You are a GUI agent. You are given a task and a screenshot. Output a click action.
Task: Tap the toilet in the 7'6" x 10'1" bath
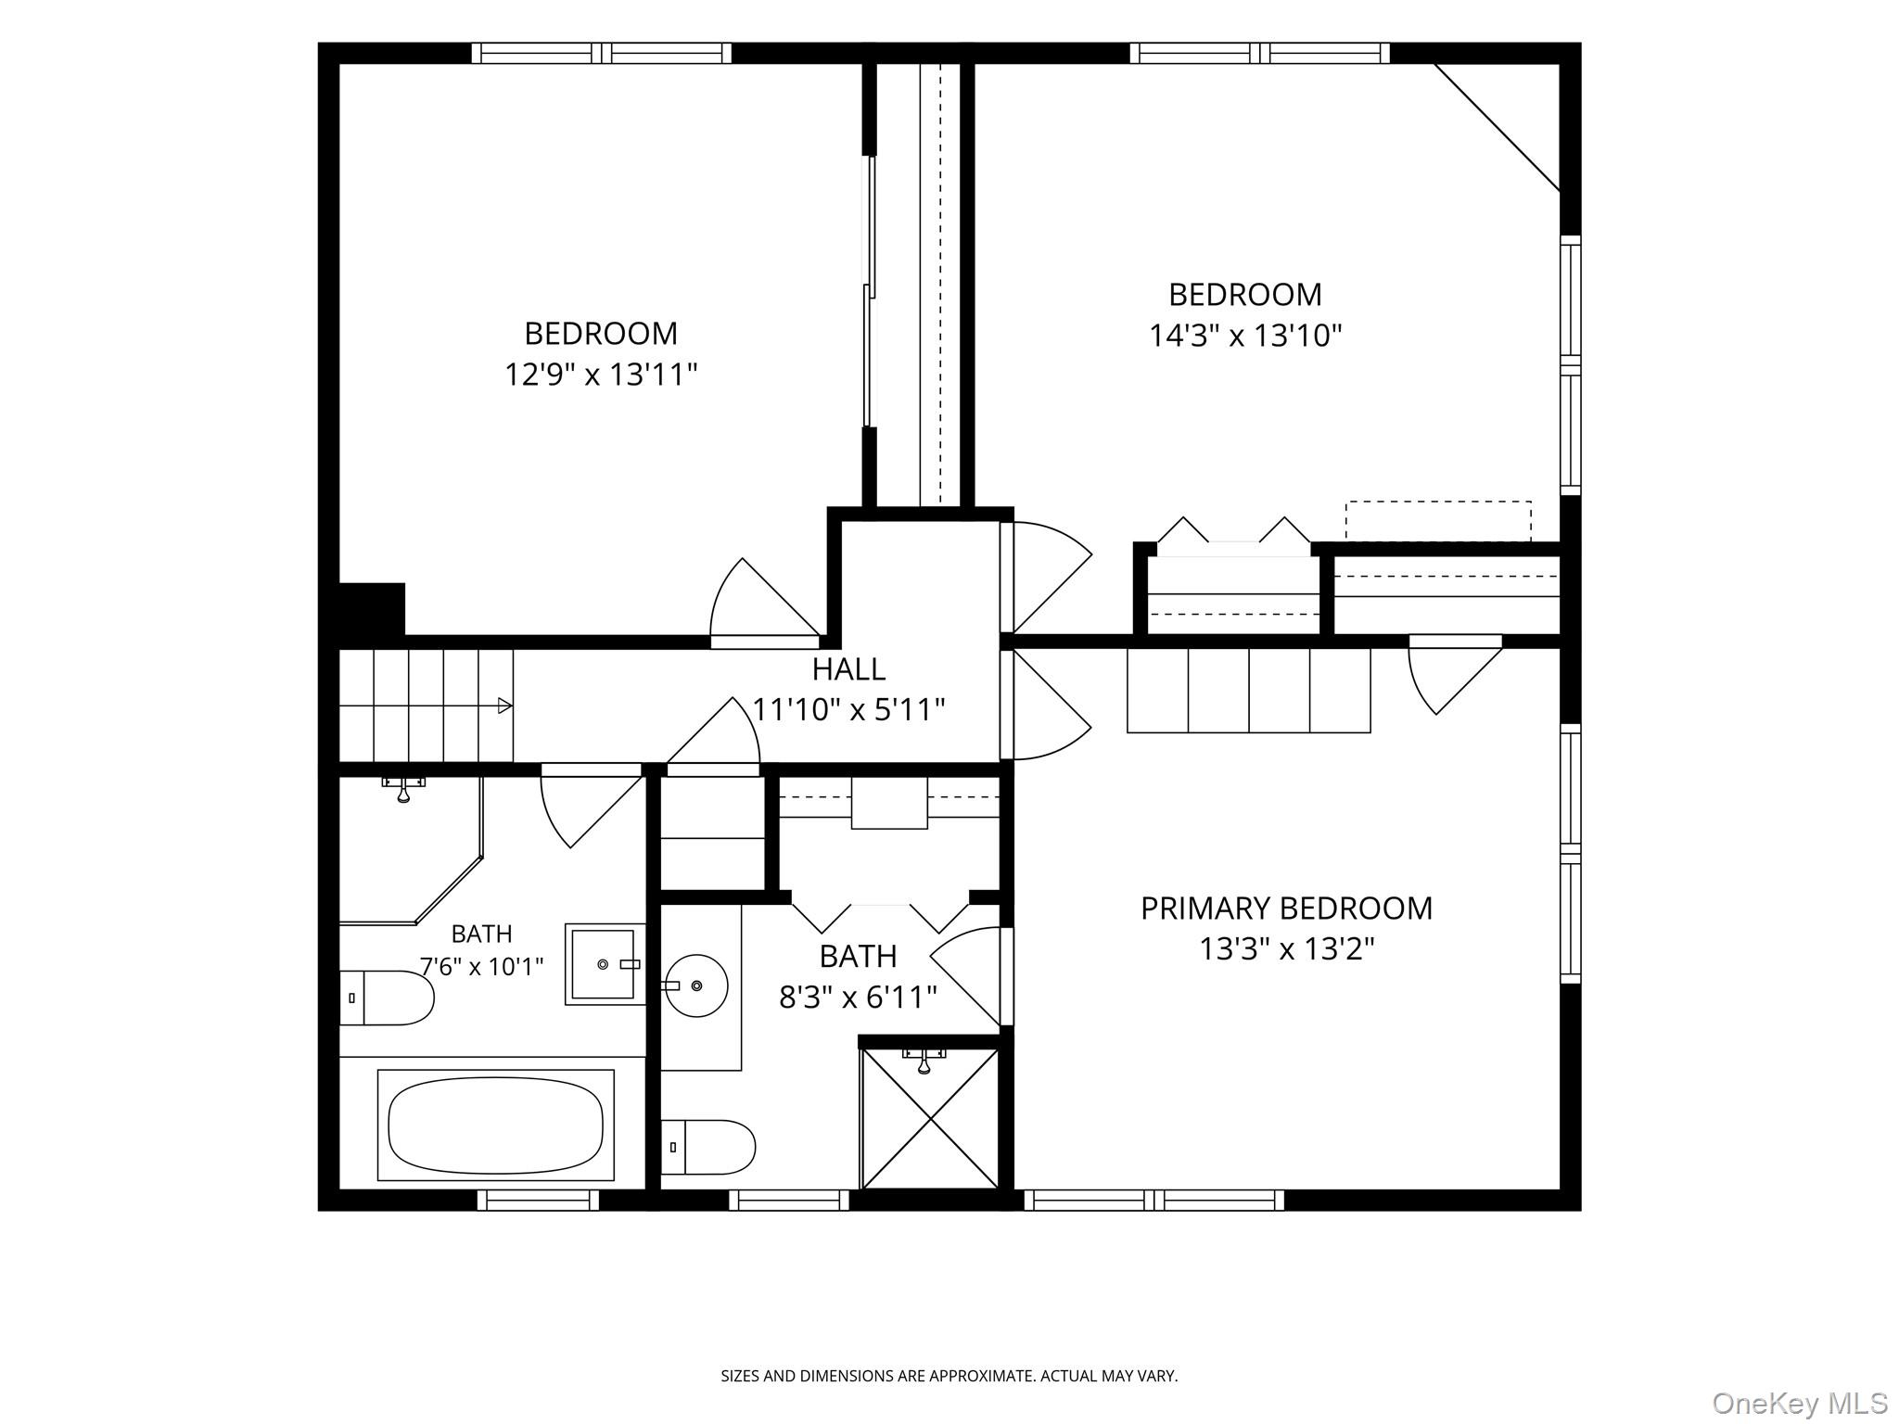coord(387,998)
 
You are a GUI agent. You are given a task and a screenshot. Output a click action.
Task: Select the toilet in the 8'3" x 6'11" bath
coord(707,1147)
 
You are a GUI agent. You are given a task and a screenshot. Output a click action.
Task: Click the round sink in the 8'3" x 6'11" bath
coord(695,985)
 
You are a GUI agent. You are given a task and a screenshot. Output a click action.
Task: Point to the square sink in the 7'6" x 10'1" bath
coord(604,964)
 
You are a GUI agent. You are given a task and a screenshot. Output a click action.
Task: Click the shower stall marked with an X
coord(930,1117)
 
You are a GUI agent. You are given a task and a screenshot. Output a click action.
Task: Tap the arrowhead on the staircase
coord(505,706)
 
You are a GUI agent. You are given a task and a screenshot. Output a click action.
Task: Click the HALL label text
coord(848,668)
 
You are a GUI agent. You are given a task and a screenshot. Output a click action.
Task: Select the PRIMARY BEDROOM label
coord(1286,908)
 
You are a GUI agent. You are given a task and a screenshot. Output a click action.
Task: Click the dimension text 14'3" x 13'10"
coord(1245,335)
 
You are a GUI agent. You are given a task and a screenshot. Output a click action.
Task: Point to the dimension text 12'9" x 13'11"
coord(601,375)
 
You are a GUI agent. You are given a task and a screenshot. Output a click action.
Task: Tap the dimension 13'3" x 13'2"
coord(1286,949)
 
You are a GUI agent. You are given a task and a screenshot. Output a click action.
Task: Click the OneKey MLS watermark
coord(1800,1404)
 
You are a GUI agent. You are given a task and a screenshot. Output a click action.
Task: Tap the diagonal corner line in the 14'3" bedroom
coord(1498,128)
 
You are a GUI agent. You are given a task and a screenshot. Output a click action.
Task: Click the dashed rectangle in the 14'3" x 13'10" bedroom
coord(1438,521)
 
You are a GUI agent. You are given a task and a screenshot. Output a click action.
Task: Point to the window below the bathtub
coord(538,1200)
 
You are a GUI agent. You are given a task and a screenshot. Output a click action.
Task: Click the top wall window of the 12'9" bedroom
coord(601,53)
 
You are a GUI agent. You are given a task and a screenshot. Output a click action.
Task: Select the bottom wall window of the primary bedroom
coord(1154,1200)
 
